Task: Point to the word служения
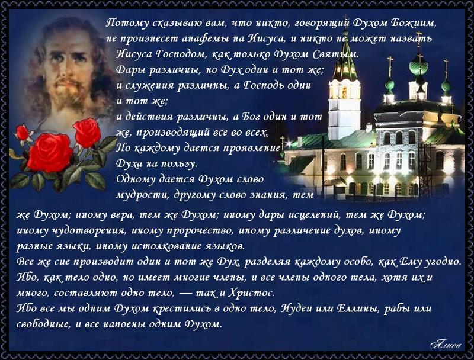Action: click(x=145, y=86)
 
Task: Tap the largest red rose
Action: click(x=50, y=153)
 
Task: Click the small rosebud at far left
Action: click(x=23, y=133)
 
